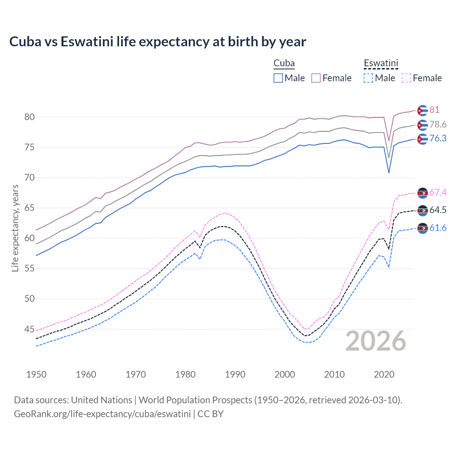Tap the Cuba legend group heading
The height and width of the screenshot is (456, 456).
pyautogui.click(x=284, y=63)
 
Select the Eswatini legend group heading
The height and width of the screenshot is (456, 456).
pyautogui.click(x=380, y=63)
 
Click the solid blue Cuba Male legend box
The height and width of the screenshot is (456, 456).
pyautogui.click(x=278, y=78)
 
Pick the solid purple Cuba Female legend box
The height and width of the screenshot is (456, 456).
pyautogui.click(x=316, y=78)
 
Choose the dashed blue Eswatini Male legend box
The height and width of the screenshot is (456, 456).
pyautogui.click(x=368, y=78)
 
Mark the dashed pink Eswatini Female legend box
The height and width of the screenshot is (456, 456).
pyautogui.click(x=406, y=78)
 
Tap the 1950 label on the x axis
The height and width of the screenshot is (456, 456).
pyautogui.click(x=36, y=374)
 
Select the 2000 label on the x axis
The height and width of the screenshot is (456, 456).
pyautogui.click(x=285, y=374)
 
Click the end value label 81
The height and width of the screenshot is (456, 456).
pyautogui.click(x=434, y=110)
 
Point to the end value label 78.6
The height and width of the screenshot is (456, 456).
pyautogui.click(x=438, y=124)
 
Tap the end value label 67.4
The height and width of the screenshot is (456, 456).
pyautogui.click(x=438, y=192)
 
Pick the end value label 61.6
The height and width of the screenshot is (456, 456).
pyautogui.click(x=438, y=228)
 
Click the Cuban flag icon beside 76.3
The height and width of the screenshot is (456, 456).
pyautogui.click(x=423, y=139)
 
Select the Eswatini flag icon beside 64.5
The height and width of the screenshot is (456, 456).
pyautogui.click(x=423, y=211)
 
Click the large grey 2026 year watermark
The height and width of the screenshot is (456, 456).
pyautogui.click(x=376, y=341)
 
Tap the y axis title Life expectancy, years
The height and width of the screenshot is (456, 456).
pyautogui.click(x=15, y=228)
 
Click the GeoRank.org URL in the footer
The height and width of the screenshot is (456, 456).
pyautogui.click(x=102, y=414)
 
